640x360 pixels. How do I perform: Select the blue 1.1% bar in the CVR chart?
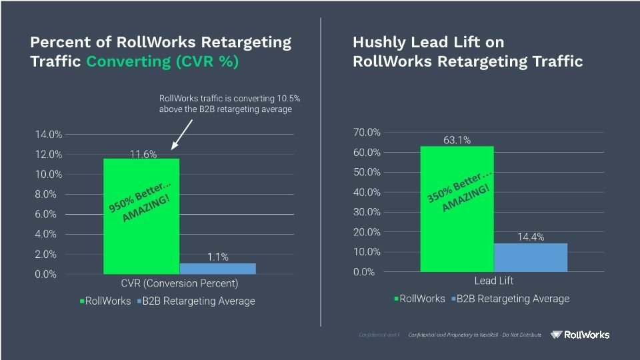pyautogui.click(x=217, y=269)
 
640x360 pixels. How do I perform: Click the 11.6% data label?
pyautogui.click(x=143, y=154)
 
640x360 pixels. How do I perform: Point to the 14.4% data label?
pyautogui.click(x=531, y=237)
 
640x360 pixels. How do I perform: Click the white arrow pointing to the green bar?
pyautogui.click(x=183, y=134)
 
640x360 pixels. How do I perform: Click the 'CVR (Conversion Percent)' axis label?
pyautogui.click(x=179, y=283)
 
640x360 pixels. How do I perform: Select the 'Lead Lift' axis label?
pyautogui.click(x=493, y=281)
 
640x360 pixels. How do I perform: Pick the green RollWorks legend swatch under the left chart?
pyautogui.click(x=82, y=301)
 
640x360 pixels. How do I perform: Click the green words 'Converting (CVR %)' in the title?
pyautogui.click(x=162, y=61)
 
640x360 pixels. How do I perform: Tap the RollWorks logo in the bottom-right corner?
pyautogui.click(x=580, y=335)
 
